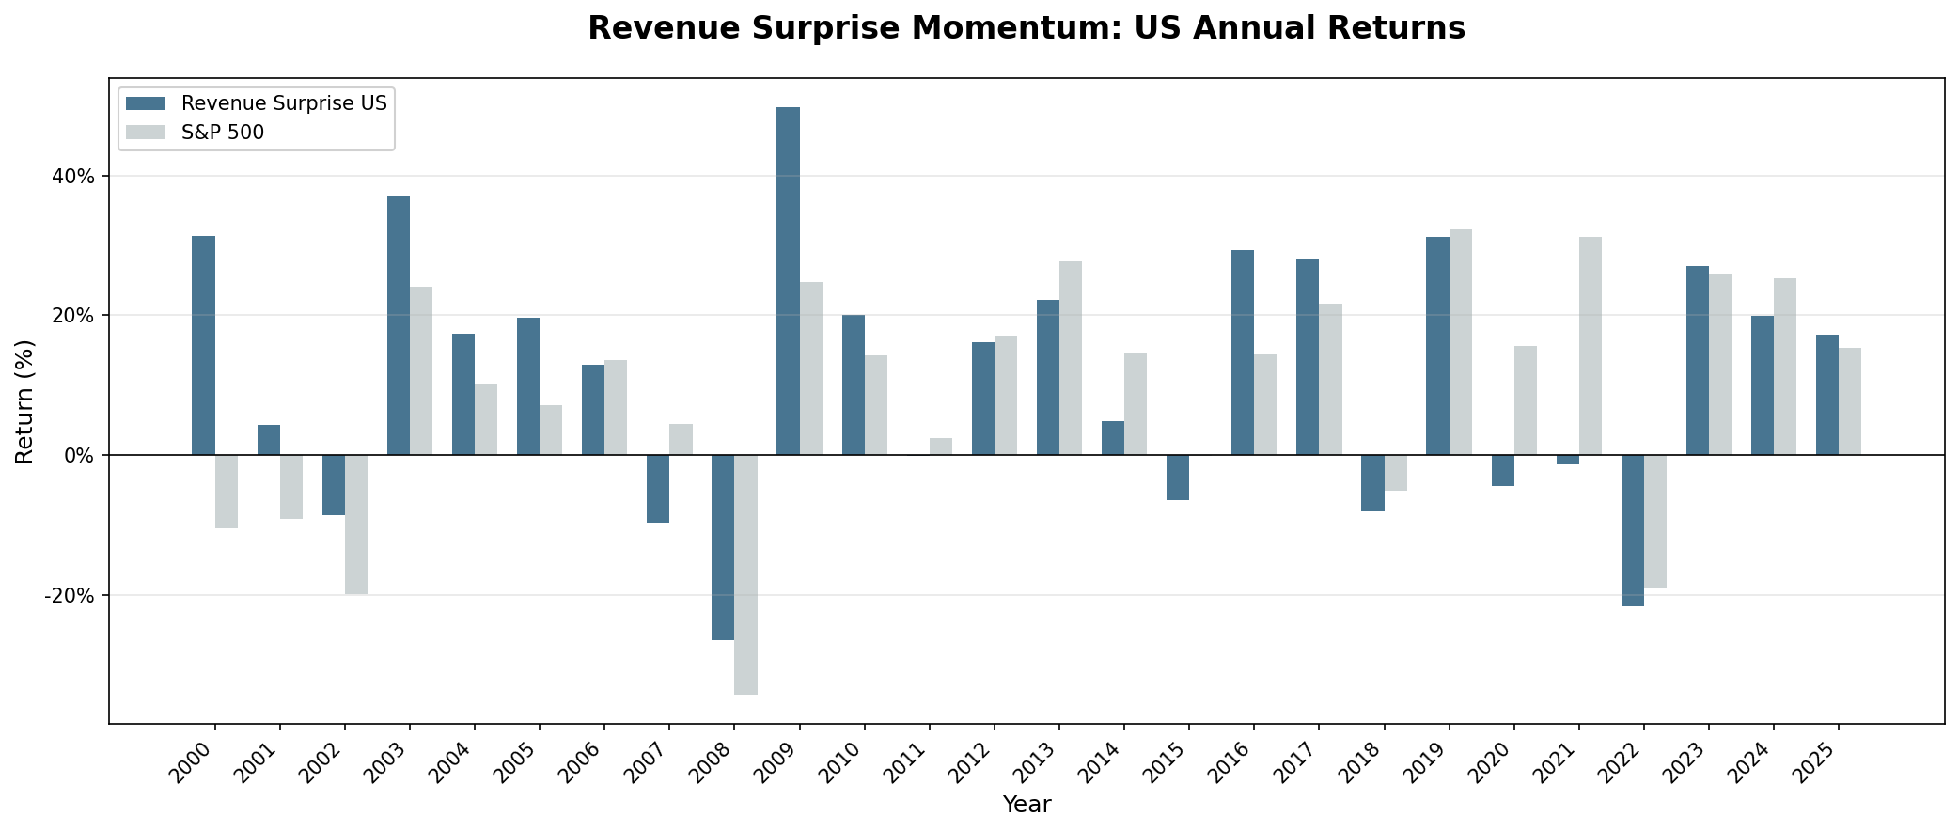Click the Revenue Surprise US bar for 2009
point(788,281)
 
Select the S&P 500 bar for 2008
point(745,574)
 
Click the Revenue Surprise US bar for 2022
point(1632,530)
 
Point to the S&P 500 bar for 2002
point(356,525)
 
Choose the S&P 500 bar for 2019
point(1460,342)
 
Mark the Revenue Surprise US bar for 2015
point(1178,478)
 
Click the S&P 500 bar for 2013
point(1071,358)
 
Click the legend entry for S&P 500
point(222,133)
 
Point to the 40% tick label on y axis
point(74,177)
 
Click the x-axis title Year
point(1027,805)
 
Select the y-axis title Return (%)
point(24,401)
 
